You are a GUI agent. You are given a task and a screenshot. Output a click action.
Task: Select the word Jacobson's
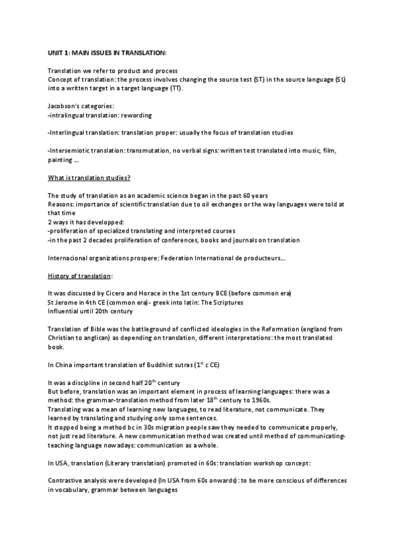[x=64, y=105]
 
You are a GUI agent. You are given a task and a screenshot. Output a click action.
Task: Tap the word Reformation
[x=268, y=329]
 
